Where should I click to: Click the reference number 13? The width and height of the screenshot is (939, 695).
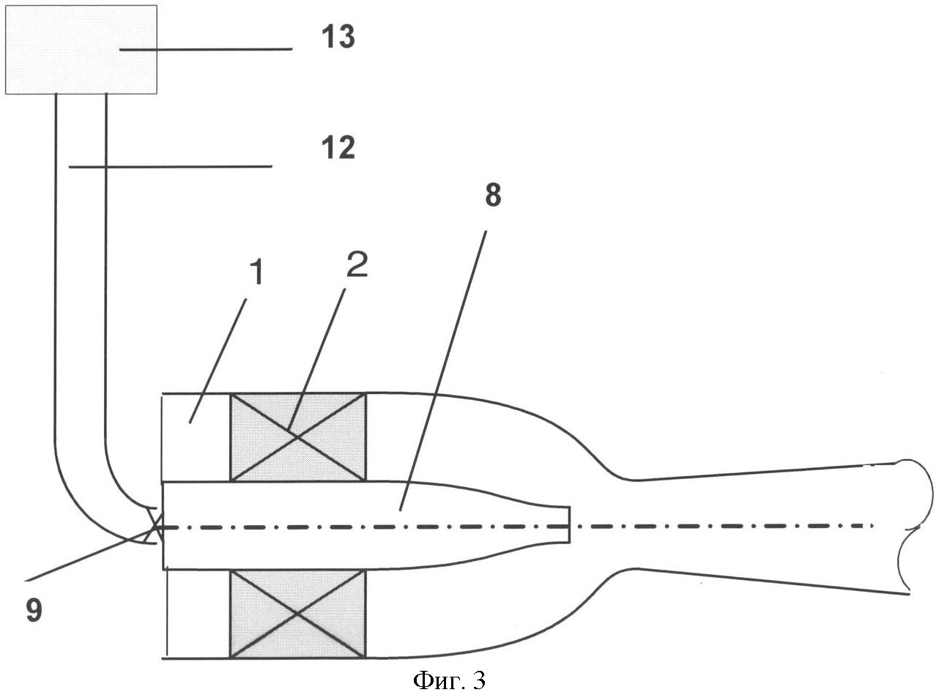click(338, 37)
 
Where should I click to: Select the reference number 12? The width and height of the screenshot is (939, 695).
click(338, 147)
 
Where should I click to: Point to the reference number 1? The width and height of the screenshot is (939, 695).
click(257, 273)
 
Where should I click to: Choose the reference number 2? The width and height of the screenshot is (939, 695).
click(357, 264)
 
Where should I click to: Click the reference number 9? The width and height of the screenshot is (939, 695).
click(34, 612)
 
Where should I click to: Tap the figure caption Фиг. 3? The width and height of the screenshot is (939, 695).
click(449, 680)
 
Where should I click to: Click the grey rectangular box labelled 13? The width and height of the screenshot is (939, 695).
click(81, 49)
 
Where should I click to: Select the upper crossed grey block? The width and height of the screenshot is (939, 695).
click(297, 437)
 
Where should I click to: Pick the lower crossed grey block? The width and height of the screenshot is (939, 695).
click(297, 614)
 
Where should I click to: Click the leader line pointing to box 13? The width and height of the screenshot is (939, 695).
click(206, 50)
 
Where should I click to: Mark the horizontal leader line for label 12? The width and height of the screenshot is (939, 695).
click(170, 167)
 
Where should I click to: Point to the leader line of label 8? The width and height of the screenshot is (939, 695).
click(443, 370)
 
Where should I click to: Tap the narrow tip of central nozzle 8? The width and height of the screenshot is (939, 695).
click(568, 524)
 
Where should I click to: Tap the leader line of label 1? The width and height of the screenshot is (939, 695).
click(218, 360)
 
